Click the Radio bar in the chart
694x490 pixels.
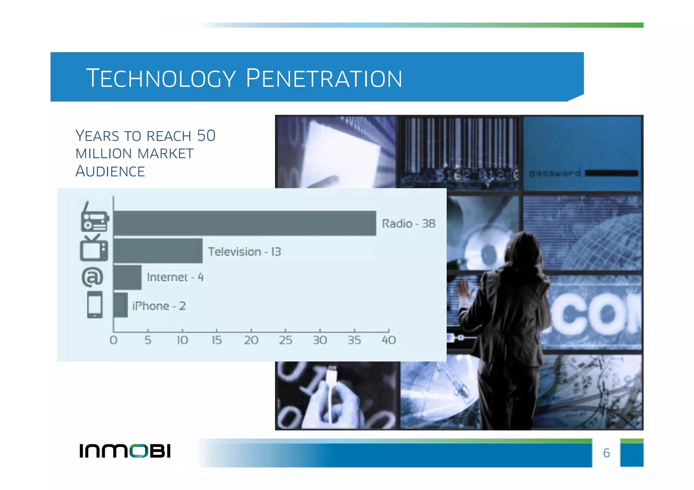tap(245, 223)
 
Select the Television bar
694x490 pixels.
tap(158, 251)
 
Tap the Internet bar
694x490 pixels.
tap(127, 277)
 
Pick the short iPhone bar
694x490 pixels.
tap(121, 305)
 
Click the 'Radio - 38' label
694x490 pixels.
tap(408, 224)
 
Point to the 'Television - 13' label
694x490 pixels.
tap(244, 252)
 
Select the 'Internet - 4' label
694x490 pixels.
tap(175, 277)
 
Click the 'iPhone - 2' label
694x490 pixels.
tap(159, 306)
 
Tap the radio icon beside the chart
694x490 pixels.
tap(95, 218)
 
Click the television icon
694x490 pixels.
tap(94, 249)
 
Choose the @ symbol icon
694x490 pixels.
tap(92, 277)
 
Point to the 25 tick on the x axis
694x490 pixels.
tap(285, 340)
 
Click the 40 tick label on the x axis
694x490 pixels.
tap(389, 340)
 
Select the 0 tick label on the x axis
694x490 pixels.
tap(114, 340)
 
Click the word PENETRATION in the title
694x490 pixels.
tap(324, 79)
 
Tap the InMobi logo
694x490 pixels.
tap(125, 451)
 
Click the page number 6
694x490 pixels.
tap(606, 453)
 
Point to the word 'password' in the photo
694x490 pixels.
tap(555, 173)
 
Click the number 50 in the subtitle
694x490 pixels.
tap(206, 136)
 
